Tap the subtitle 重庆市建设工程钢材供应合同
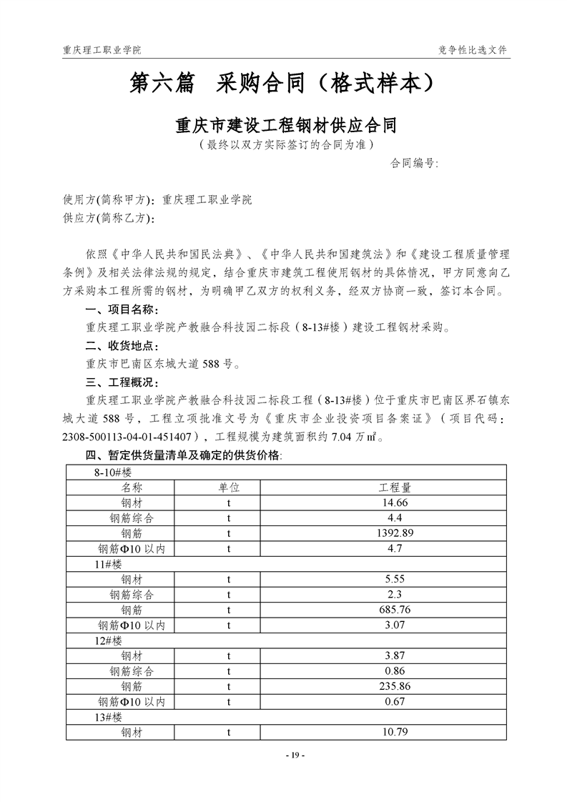click(x=286, y=127)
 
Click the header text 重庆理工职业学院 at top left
click(x=102, y=50)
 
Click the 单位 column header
click(x=229, y=487)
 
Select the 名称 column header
click(x=132, y=487)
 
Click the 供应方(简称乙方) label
click(x=109, y=218)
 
